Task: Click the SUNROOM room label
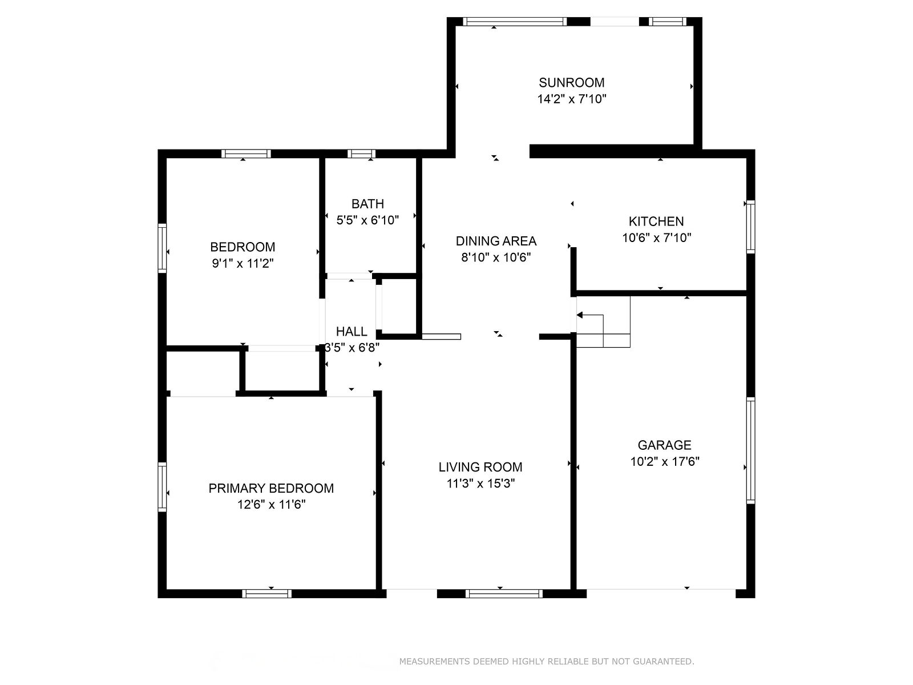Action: [x=572, y=83]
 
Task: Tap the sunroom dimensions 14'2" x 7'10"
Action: [x=572, y=99]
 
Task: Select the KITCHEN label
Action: [x=656, y=221]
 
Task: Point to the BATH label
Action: [x=367, y=204]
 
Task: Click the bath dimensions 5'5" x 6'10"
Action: [x=367, y=220]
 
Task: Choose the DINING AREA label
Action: [x=496, y=241]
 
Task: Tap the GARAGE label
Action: [x=664, y=445]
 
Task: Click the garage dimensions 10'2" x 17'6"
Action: [x=665, y=462]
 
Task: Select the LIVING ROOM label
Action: [x=480, y=467]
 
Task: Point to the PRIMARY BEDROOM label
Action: [x=271, y=488]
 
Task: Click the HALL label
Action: [x=352, y=332]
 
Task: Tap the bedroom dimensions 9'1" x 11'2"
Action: [x=243, y=263]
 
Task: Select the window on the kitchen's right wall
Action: [x=750, y=227]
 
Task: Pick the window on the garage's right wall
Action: [x=750, y=450]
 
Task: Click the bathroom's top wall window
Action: [x=361, y=154]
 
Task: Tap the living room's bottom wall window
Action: [x=504, y=594]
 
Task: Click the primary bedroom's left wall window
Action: [x=162, y=486]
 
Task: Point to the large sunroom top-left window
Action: [x=515, y=22]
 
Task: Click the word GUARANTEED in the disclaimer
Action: [x=664, y=661]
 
